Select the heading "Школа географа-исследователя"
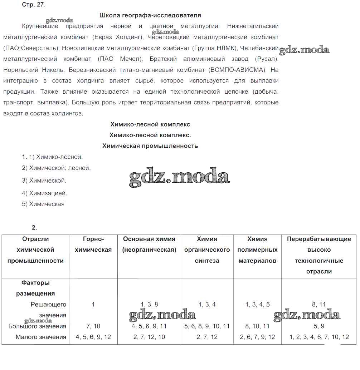click(x=150, y=15)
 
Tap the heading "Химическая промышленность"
click(x=150, y=146)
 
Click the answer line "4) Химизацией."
click(x=44, y=193)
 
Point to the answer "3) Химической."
click(x=44, y=181)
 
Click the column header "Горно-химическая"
click(x=93, y=245)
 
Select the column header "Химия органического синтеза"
click(x=207, y=250)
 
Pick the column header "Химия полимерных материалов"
click(x=257, y=250)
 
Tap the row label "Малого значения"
click(x=41, y=337)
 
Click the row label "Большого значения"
click(x=37, y=326)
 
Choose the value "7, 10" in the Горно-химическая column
click(x=93, y=326)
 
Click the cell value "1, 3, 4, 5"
click(x=258, y=305)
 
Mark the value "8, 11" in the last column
click(x=319, y=305)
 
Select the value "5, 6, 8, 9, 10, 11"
click(x=207, y=326)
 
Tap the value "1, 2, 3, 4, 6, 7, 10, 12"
click(x=319, y=337)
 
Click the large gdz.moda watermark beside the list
click(x=179, y=177)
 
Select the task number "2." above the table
click(x=34, y=227)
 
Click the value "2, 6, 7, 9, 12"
click(x=258, y=337)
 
